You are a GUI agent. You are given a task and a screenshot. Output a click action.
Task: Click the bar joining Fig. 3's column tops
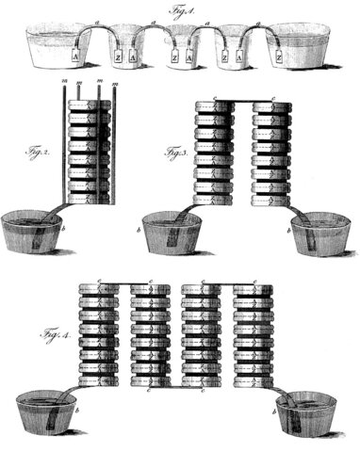click(244, 98)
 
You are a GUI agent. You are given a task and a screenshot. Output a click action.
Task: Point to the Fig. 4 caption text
click(52, 335)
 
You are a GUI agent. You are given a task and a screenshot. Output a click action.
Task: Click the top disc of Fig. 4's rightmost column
click(254, 288)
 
